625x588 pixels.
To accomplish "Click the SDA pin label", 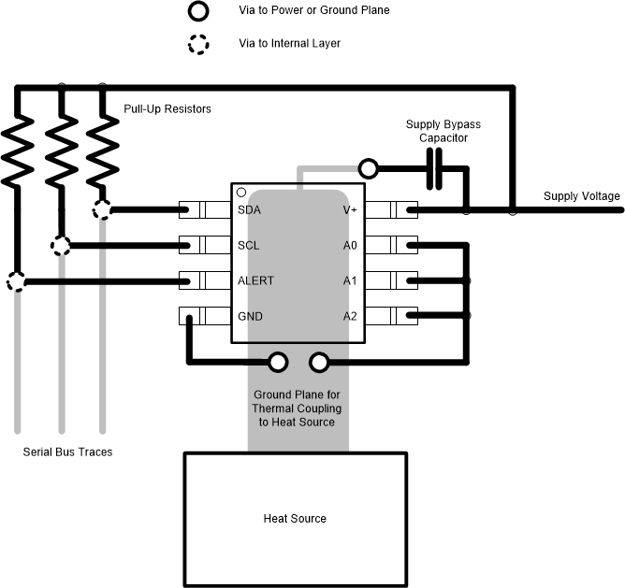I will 249,210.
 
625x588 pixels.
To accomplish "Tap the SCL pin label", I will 249,246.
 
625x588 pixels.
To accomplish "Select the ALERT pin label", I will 255,280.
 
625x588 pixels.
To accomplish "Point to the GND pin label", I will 250,316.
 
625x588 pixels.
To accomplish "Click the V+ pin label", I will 350,210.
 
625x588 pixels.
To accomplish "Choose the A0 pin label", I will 350,246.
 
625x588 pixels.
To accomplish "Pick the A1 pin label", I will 350,280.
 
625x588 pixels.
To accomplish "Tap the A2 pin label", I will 350,316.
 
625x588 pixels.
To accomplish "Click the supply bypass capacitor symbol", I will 435,169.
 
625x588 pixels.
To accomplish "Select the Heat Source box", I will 296,518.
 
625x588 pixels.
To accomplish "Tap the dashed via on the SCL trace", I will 61,246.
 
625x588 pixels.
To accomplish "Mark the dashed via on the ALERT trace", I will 17,280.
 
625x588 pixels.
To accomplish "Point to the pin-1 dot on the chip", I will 241,192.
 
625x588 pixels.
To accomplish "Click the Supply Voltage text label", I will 582,196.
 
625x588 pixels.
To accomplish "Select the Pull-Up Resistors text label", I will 167,109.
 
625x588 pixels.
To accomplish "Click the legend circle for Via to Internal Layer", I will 198,44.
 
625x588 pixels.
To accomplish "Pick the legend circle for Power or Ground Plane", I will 198,12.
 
